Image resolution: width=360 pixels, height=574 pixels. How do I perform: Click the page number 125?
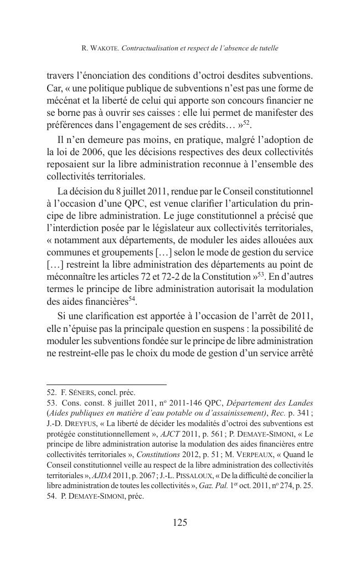[x=179, y=522]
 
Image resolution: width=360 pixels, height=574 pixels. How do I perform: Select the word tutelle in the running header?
[x=267, y=49]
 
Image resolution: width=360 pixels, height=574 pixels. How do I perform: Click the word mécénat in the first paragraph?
[x=64, y=101]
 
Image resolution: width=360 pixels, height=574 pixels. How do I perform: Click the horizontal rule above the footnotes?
[x=106, y=385]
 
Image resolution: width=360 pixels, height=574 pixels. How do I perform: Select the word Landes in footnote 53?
[x=301, y=403]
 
